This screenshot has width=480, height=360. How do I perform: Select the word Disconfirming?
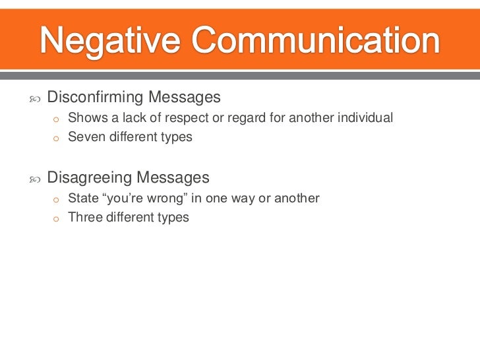coord(95,98)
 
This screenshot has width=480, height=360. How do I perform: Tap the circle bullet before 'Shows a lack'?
coord(57,119)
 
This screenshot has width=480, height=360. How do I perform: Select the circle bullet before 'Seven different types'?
coord(57,138)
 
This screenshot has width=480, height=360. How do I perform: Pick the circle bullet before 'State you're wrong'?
coord(57,199)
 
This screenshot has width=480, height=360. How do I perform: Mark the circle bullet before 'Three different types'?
coord(57,218)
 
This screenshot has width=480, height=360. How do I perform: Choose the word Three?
coord(84,218)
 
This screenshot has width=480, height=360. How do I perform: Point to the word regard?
coord(245,119)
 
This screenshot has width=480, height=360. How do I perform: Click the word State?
coord(82,198)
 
